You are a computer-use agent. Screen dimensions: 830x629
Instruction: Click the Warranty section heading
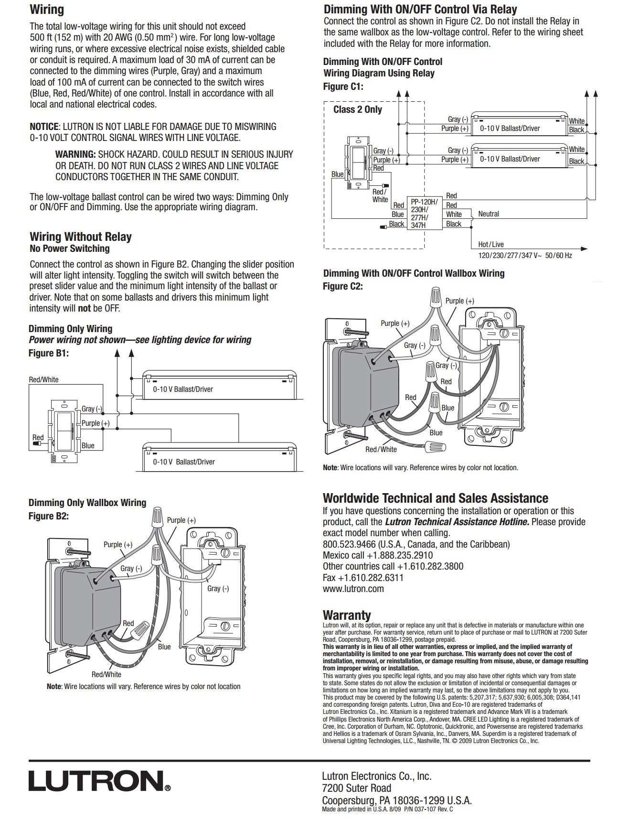click(x=347, y=615)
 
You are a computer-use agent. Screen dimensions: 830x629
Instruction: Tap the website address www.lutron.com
click(x=353, y=589)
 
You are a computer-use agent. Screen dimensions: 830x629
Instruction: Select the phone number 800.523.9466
click(x=350, y=544)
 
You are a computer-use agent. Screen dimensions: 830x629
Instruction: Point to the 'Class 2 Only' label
click(x=358, y=109)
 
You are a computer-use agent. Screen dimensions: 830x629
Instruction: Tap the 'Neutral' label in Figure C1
click(x=488, y=214)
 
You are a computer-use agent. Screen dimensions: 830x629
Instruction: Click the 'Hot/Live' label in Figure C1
click(x=491, y=244)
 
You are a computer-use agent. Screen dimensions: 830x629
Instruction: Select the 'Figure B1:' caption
click(x=49, y=353)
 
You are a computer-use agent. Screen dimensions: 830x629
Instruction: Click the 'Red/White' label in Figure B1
click(x=44, y=379)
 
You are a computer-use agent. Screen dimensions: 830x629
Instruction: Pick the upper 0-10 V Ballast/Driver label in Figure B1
click(x=183, y=389)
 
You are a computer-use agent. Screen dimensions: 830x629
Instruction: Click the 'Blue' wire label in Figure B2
click(x=164, y=647)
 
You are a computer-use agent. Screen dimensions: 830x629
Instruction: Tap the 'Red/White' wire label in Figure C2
click(x=381, y=449)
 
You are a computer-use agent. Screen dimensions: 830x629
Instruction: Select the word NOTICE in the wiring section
click(x=44, y=127)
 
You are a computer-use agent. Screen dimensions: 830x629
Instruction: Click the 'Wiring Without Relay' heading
click(x=81, y=237)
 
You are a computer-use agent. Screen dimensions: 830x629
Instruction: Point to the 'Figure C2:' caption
click(x=343, y=286)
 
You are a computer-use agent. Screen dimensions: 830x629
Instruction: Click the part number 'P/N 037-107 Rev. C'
click(x=428, y=809)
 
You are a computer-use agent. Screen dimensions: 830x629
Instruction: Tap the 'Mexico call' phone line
click(x=377, y=555)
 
